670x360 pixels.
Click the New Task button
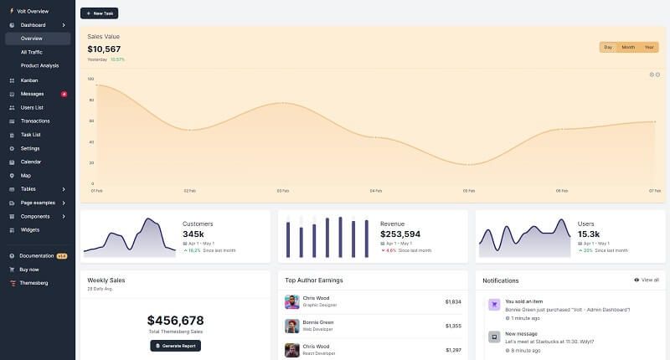pos(99,13)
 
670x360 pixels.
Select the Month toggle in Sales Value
pos(628,47)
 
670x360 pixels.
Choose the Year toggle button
pos(648,47)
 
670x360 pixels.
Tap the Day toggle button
pos(608,47)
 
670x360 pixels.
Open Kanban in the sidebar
pos(28,80)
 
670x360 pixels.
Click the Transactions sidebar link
pos(35,121)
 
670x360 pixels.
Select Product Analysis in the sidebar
pos(39,65)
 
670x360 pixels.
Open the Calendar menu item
pos(31,162)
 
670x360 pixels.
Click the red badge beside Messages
pos(64,94)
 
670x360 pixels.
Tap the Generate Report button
pos(175,346)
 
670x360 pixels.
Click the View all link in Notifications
pos(647,280)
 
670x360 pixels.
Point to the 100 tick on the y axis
pos(90,79)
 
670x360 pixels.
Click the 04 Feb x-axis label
pos(376,191)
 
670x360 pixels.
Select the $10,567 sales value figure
pos(104,49)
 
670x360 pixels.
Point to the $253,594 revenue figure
pos(400,234)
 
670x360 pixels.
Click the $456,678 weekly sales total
pos(175,321)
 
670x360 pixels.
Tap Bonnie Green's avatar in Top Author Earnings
pos(292,326)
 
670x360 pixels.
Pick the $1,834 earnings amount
pos(453,301)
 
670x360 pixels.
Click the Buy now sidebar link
pos(29,269)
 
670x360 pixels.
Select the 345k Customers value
pos(193,234)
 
